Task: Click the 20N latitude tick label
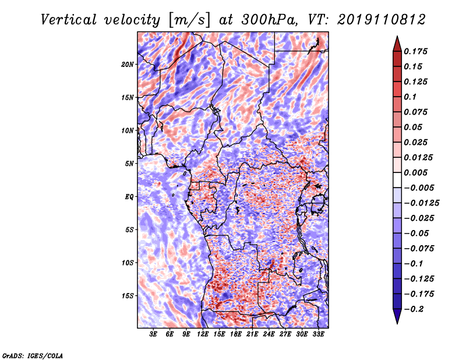tap(127, 65)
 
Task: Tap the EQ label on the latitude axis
tap(129, 197)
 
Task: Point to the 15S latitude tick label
tap(128, 296)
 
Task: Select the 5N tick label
tap(129, 164)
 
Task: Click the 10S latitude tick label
tap(128, 263)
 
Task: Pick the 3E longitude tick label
tap(153, 334)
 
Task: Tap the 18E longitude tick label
tap(236, 334)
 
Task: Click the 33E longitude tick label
tap(318, 334)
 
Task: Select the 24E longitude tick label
tap(269, 334)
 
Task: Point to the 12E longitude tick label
tap(203, 334)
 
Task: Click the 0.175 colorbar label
tap(415, 51)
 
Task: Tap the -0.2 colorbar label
tap(414, 309)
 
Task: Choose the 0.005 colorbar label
tap(415, 172)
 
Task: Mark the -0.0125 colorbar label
tap(422, 203)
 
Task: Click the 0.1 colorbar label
tap(411, 97)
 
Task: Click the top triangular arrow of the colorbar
tap(397, 44)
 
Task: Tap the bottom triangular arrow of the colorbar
tap(397, 316)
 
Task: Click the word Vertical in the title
tap(69, 20)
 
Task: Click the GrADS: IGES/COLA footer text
tap(33, 355)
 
